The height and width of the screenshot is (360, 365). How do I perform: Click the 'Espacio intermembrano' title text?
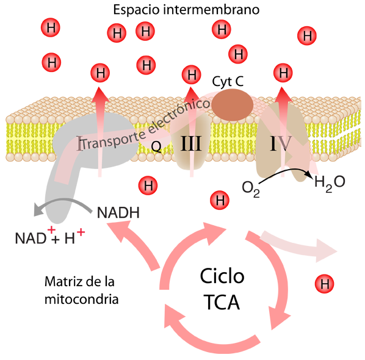(x=186, y=10)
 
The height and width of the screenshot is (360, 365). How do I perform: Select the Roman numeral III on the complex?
(x=191, y=143)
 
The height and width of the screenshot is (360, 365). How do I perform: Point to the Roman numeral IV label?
(x=281, y=143)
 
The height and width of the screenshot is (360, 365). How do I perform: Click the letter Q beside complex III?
(x=156, y=146)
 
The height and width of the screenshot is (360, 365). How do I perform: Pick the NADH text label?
(x=118, y=212)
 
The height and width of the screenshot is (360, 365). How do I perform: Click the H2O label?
(x=330, y=183)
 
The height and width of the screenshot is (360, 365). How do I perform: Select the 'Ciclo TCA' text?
(x=222, y=289)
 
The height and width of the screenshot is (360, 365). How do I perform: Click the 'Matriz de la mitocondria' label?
(x=81, y=290)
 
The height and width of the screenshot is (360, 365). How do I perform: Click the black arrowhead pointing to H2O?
(x=308, y=173)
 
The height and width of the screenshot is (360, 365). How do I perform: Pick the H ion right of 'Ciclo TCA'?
(x=324, y=284)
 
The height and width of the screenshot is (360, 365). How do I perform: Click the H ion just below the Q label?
(x=148, y=185)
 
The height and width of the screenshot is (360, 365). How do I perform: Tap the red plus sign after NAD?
(x=51, y=230)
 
